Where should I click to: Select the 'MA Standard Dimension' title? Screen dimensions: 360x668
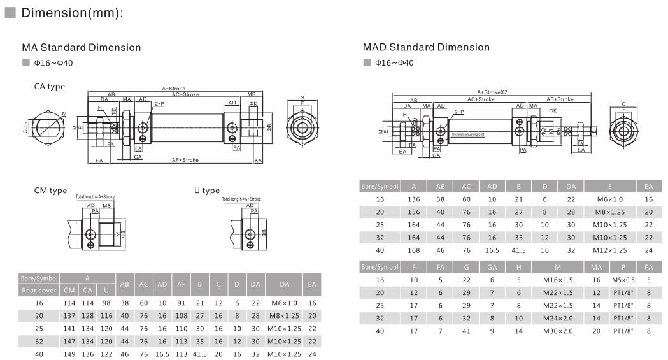(82, 48)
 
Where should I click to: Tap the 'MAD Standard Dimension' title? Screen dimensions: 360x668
(426, 47)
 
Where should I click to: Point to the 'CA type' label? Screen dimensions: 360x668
(50, 87)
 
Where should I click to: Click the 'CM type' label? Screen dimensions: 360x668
(50, 191)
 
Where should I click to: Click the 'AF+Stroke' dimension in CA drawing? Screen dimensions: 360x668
(185, 160)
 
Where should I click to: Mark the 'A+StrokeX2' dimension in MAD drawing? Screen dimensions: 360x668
(492, 92)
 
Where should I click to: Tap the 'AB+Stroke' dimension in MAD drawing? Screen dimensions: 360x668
(560, 99)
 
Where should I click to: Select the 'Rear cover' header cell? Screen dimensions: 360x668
(40, 291)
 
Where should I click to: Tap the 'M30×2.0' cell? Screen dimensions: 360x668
(558, 331)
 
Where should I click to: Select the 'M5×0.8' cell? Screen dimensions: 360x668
(623, 280)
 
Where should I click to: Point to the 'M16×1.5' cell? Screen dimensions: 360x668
(558, 280)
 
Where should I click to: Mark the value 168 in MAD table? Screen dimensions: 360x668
(414, 250)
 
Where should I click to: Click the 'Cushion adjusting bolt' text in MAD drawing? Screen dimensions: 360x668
(468, 134)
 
